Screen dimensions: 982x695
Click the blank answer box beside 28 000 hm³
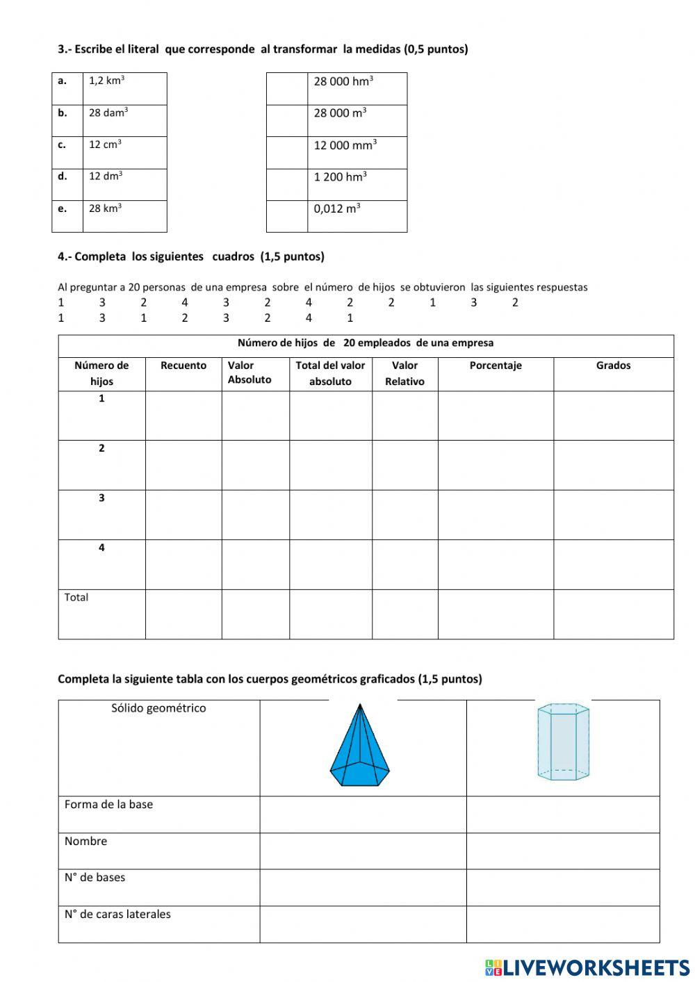(x=286, y=88)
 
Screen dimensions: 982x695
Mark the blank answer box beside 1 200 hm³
(x=286, y=184)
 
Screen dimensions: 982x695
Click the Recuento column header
(x=183, y=366)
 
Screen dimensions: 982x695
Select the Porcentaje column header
(x=495, y=366)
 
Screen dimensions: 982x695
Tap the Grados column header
(x=613, y=366)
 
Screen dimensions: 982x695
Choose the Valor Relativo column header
(x=404, y=373)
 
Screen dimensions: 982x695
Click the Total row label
(x=76, y=598)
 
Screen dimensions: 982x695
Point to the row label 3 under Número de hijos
(x=101, y=498)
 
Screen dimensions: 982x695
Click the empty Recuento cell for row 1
(x=183, y=416)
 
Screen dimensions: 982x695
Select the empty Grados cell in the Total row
(x=613, y=614)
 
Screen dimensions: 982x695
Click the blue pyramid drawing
(x=359, y=746)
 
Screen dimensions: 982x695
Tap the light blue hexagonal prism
(x=563, y=742)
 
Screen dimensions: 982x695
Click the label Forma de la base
(x=108, y=805)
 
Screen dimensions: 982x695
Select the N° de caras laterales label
(x=117, y=915)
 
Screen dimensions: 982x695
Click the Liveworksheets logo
(x=587, y=967)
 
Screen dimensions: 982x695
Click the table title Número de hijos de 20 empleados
(x=366, y=343)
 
